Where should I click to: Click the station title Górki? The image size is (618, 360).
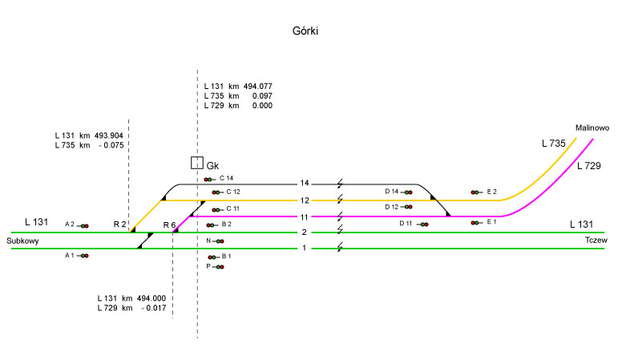point(308,30)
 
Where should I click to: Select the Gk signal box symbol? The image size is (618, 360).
point(196,163)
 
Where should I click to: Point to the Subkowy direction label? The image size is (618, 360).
point(23,241)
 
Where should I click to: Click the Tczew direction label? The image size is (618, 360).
point(596,241)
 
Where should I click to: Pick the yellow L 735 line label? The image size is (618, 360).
point(553,144)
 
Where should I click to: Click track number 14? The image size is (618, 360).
point(305,184)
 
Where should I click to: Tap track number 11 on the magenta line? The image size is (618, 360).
point(305,216)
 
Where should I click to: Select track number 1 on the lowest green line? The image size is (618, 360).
point(304,248)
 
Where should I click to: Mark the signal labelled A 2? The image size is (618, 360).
point(83,225)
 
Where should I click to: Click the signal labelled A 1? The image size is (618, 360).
point(83,256)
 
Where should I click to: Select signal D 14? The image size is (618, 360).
point(408,192)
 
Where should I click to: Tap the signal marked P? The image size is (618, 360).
point(220,266)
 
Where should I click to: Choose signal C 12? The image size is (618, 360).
point(216,192)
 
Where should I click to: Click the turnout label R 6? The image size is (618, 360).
point(169,224)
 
